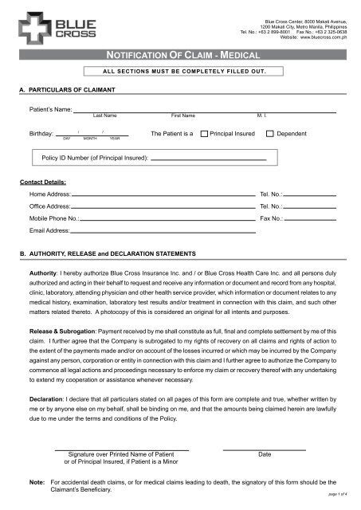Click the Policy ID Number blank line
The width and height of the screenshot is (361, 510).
[208, 160]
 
